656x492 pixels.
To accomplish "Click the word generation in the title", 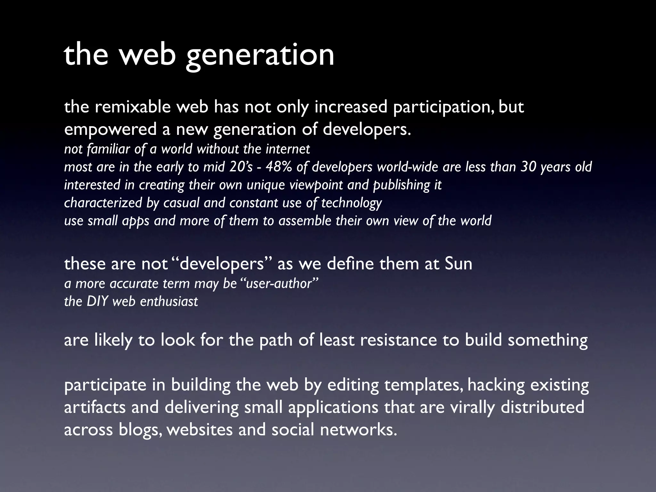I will pyautogui.click(x=260, y=55).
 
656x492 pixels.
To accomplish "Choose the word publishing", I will pyautogui.click(x=402, y=185).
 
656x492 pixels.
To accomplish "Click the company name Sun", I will pyautogui.click(x=458, y=264).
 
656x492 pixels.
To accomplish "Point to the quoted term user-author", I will pyautogui.click(x=279, y=283).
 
